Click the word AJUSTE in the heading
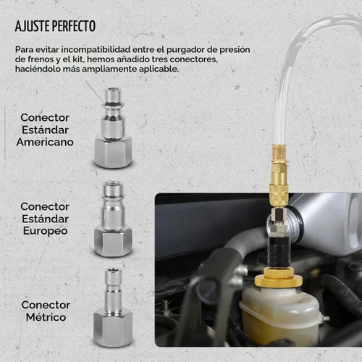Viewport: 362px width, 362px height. (x=33, y=26)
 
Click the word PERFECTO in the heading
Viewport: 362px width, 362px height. (x=74, y=26)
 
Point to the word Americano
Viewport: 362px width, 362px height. (x=45, y=142)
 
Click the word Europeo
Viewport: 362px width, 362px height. (x=45, y=231)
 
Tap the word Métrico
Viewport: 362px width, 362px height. (x=46, y=317)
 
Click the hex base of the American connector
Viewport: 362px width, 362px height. (x=113, y=152)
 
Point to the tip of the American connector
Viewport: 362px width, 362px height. (x=113, y=90)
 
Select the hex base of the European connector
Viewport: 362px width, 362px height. (x=113, y=242)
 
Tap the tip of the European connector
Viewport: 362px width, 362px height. (x=113, y=184)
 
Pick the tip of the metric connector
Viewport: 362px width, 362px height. (x=113, y=270)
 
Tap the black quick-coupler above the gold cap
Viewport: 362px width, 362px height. (x=278, y=253)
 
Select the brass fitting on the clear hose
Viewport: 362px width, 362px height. (x=279, y=174)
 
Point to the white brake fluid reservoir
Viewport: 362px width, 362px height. (x=280, y=313)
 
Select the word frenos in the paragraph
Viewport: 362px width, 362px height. (x=41, y=59)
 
